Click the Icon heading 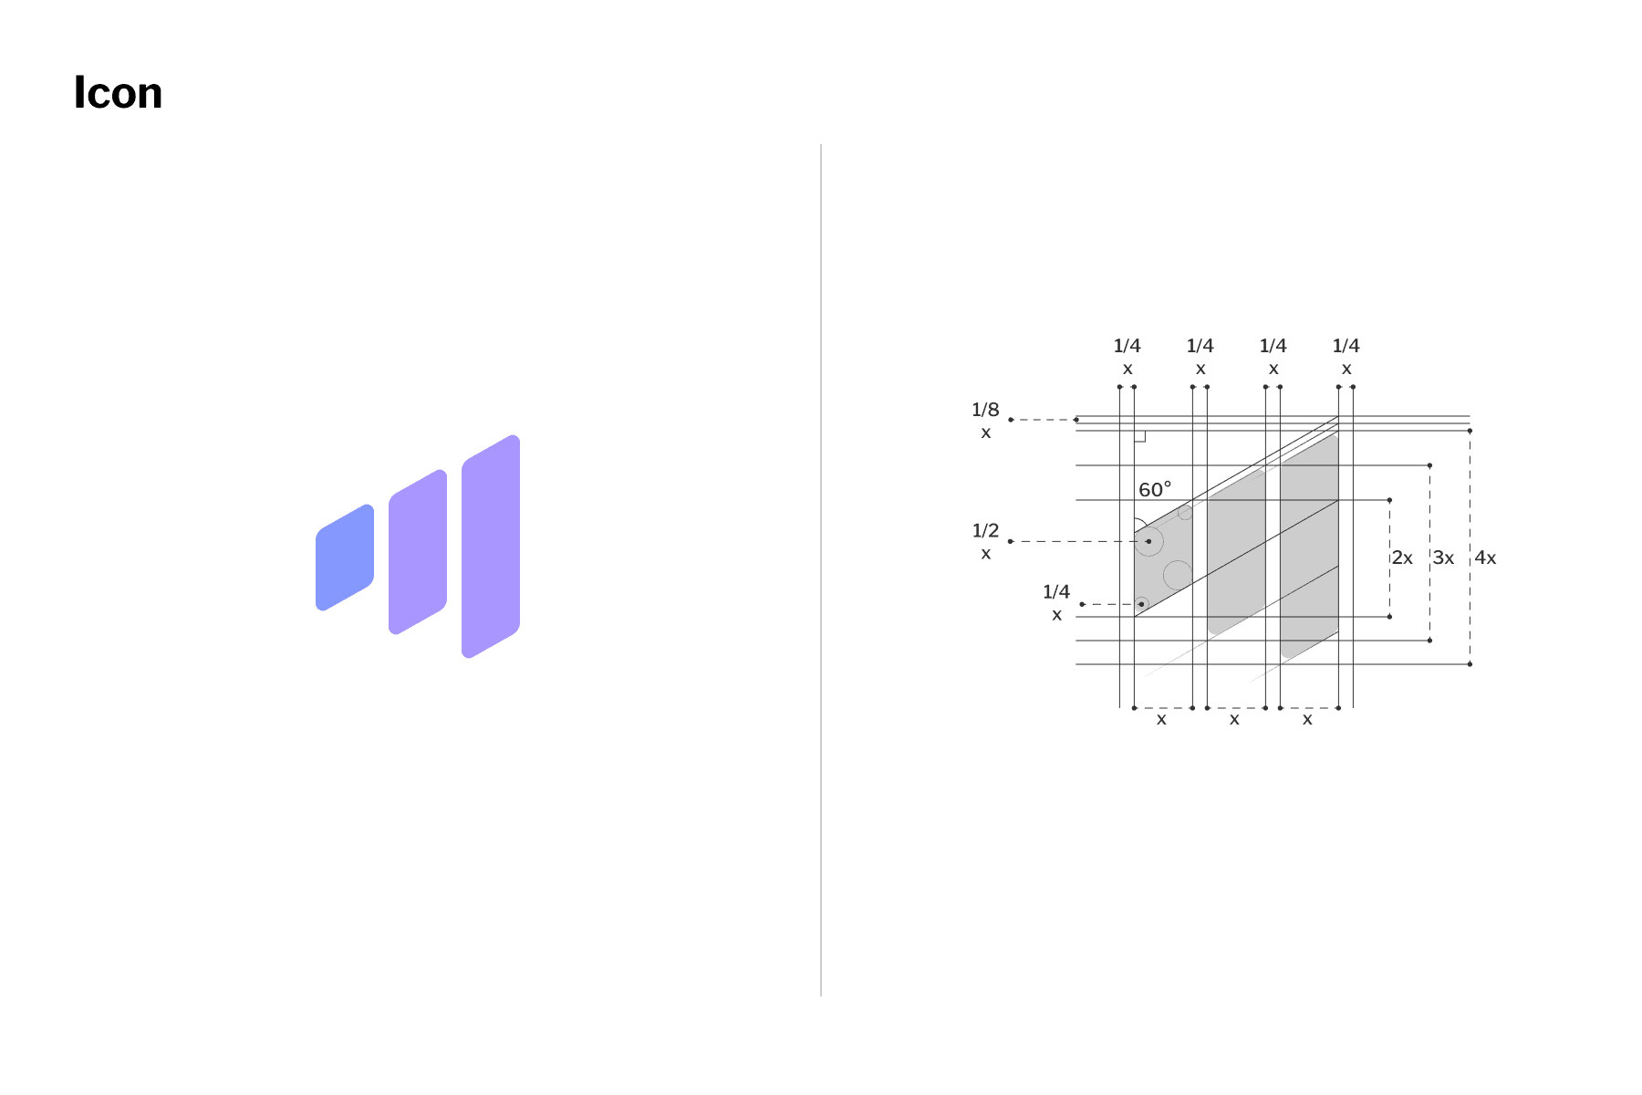(118, 93)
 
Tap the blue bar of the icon (345, 558)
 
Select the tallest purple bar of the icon (491, 547)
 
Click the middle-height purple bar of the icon (418, 552)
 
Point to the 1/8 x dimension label (985, 421)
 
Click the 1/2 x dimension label (985, 542)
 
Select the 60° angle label (1155, 490)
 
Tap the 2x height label (1402, 558)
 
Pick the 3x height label (1443, 558)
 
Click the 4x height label (1485, 558)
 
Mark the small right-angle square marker (1139, 436)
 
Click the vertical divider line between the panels (821, 570)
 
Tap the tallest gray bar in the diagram (1309, 547)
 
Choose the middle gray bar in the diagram (1236, 552)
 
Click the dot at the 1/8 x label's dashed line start (1011, 420)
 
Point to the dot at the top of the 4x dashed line (1470, 431)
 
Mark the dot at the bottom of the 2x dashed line (1389, 617)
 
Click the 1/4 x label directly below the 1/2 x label (1056, 603)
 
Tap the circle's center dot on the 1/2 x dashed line (1148, 541)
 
